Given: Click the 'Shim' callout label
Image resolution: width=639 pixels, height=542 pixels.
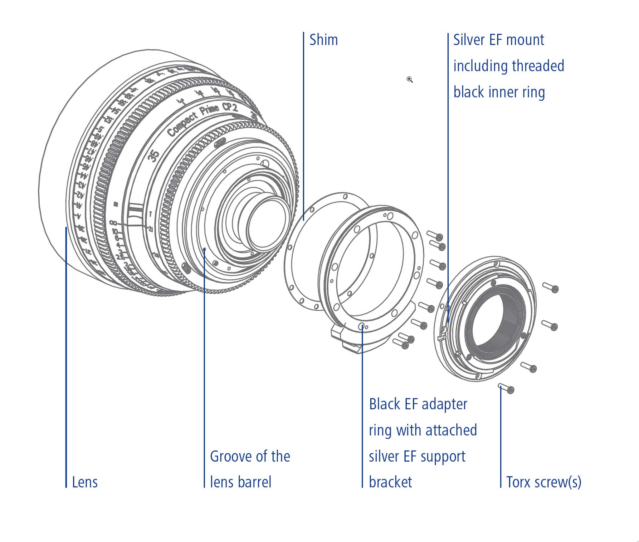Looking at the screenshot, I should (x=324, y=40).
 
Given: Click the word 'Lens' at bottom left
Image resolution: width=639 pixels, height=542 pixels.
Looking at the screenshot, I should (x=85, y=482).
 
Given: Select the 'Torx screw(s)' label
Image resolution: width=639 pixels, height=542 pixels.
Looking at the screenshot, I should (x=544, y=482).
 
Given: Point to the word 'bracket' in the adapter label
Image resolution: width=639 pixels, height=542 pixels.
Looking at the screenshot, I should (x=390, y=482).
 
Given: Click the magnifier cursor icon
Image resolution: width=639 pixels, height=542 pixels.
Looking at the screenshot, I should (x=409, y=80).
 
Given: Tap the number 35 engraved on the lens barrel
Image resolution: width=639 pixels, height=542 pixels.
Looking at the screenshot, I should (x=154, y=155).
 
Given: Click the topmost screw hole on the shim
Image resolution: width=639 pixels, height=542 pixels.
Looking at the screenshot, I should (x=345, y=197).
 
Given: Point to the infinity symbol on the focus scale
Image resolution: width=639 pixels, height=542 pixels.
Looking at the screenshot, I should (x=113, y=223).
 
